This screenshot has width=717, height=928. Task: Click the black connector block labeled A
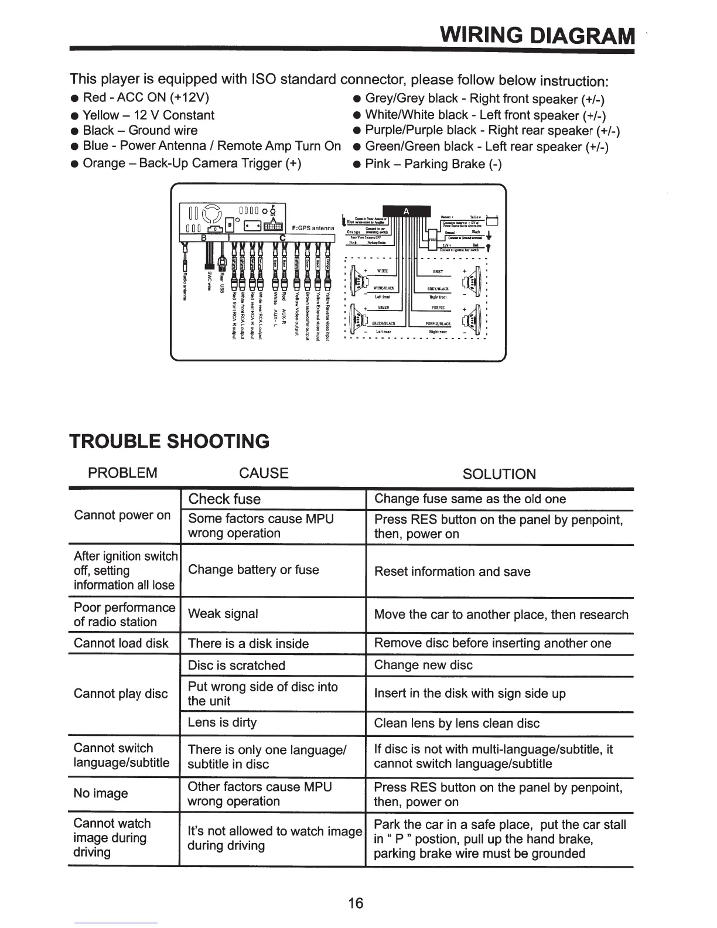point(406,211)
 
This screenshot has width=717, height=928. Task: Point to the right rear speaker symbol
point(473,319)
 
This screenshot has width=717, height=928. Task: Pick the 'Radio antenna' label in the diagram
point(184,286)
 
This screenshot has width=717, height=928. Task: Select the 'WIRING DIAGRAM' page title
point(537,36)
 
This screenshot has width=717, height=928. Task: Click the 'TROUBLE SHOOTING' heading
point(170,441)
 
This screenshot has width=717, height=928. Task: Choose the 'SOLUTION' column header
point(499,474)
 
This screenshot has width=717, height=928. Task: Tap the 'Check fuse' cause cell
point(225,499)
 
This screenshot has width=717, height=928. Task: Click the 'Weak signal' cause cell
point(223,614)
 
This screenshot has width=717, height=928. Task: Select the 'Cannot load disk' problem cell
point(121,643)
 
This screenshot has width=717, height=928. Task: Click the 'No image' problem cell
point(101,793)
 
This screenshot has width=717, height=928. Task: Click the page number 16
point(356,903)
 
